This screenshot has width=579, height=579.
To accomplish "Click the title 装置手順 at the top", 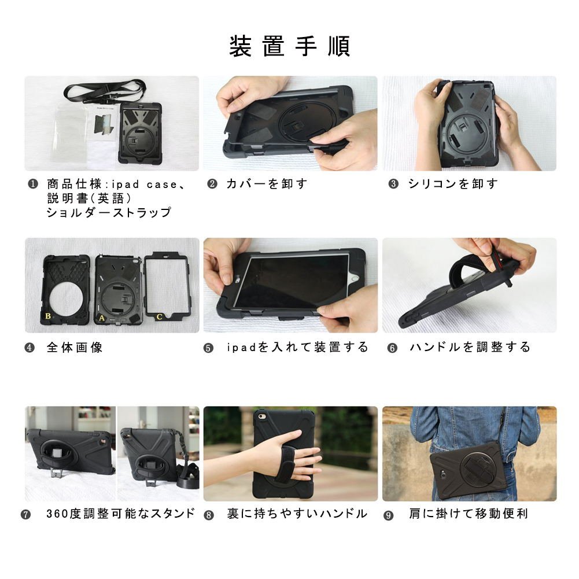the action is (289, 46).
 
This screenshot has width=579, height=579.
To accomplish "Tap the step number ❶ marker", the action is (33, 184).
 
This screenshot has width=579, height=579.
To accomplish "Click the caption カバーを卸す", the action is (267, 183).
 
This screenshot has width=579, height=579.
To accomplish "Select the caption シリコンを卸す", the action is (453, 183).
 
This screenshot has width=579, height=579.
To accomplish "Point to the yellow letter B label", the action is (48, 316).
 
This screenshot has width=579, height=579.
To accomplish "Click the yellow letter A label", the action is (102, 318).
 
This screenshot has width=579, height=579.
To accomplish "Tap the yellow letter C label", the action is (159, 316).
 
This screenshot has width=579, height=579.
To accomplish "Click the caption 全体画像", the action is (75, 348).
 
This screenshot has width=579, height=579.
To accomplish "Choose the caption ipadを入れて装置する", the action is (297, 347).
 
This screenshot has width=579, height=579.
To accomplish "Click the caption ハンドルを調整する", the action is (470, 347).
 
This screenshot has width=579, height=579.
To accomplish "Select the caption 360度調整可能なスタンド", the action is (120, 513).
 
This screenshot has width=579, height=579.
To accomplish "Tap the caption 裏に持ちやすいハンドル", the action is (297, 514).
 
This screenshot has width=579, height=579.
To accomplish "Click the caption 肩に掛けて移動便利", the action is (469, 514).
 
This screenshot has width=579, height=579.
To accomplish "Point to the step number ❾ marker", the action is (389, 515).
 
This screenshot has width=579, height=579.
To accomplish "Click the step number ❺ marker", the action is (209, 348).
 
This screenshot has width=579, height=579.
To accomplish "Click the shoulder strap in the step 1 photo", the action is (105, 90).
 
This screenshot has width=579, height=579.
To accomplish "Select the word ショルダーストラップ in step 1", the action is (109, 212).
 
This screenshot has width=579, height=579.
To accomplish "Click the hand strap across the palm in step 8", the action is (288, 462).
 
